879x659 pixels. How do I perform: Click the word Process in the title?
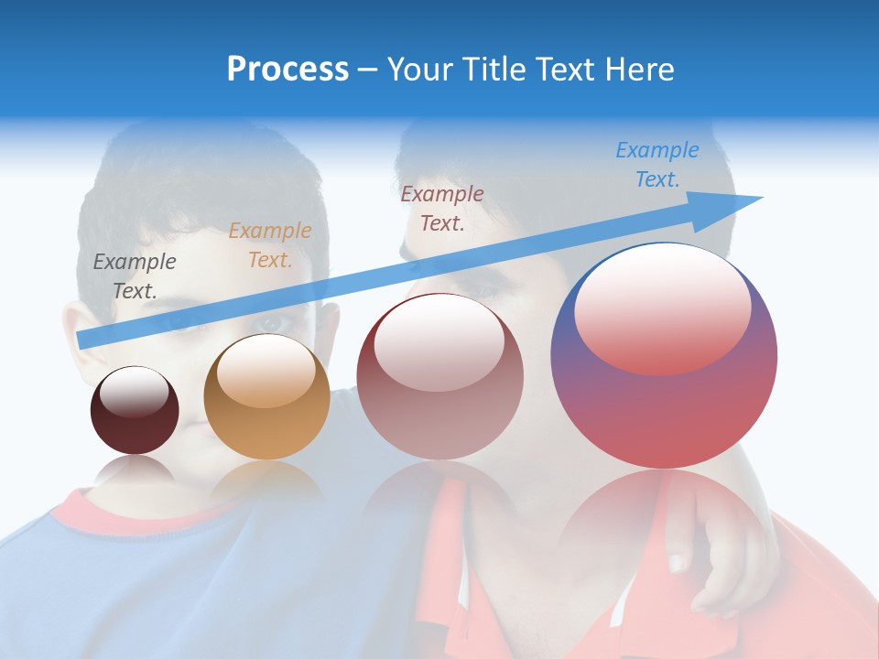click(x=288, y=70)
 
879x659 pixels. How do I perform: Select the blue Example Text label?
click(x=657, y=165)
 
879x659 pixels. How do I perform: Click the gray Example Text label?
click(x=135, y=275)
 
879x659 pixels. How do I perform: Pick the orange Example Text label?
click(x=269, y=245)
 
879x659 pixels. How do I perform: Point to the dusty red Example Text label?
click(x=441, y=208)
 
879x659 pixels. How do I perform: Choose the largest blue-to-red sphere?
click(x=664, y=403)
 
